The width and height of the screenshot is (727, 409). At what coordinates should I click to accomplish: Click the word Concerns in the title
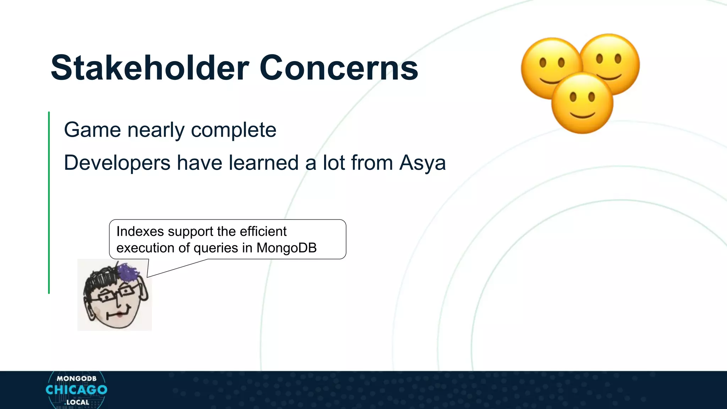339,68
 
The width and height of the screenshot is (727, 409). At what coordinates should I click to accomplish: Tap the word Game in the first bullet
92,130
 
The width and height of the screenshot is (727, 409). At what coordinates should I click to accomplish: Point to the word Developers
117,163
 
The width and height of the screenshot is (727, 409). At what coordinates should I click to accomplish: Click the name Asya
422,164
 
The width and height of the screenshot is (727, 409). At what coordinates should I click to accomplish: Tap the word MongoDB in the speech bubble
286,248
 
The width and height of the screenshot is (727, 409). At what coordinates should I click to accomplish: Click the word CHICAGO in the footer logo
76,390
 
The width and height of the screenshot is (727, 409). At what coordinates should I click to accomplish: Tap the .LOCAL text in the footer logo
77,403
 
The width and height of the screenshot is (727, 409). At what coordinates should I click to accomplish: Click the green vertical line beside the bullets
49,202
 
